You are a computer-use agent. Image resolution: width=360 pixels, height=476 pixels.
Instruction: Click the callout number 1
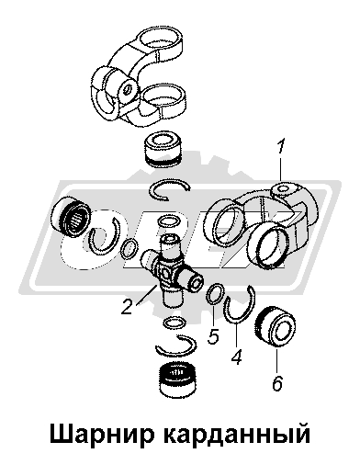(281, 147)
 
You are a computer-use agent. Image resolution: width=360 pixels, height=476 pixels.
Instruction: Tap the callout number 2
(127, 307)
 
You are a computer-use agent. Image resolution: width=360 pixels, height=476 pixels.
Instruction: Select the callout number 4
(237, 357)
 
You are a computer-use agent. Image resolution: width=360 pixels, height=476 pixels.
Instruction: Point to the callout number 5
(213, 336)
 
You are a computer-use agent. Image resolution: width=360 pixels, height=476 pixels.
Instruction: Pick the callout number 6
(277, 382)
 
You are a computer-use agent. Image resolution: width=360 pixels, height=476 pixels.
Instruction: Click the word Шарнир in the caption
(100, 435)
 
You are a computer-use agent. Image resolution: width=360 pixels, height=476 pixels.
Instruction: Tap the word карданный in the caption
(237, 435)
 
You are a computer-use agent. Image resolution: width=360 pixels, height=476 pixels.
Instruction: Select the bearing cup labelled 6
(275, 325)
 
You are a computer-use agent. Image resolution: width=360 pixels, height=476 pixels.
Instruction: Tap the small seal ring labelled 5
(216, 293)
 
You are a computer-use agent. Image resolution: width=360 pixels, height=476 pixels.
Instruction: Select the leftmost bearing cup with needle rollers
(71, 216)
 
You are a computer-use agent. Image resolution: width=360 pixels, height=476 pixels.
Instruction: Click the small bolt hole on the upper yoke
(128, 89)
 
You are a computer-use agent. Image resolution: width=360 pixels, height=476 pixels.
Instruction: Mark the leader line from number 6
(276, 361)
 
